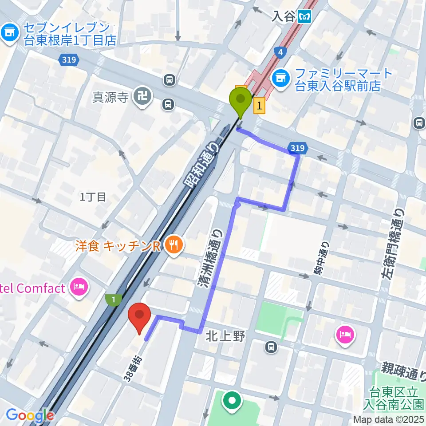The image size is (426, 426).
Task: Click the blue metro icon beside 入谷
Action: [305, 17]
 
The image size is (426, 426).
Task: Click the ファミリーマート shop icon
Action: [280, 78]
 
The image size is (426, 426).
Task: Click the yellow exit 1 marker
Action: [260, 106]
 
